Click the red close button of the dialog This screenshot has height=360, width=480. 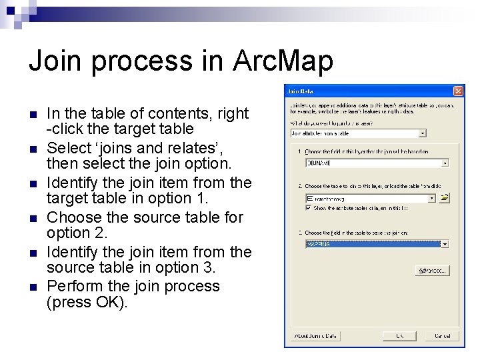458,91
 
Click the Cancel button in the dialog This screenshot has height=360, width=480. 442,335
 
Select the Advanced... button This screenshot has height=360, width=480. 431,271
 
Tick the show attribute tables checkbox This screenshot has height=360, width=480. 308,207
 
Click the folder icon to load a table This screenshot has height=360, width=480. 445,198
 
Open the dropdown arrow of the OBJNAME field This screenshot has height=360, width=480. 445,163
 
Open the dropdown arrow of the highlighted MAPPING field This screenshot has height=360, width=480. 445,244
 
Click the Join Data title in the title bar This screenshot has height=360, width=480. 300,91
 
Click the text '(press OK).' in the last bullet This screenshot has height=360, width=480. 87,302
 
